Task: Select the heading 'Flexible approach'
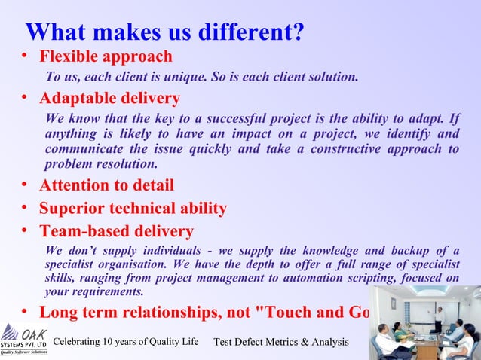[x=106, y=56]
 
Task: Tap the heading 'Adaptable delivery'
[x=109, y=99]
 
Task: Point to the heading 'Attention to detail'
[x=106, y=185]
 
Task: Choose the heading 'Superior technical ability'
[x=133, y=209]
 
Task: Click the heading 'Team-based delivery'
[x=116, y=232]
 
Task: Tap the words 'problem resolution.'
[x=101, y=164]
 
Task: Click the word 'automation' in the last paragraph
[x=332, y=278]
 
